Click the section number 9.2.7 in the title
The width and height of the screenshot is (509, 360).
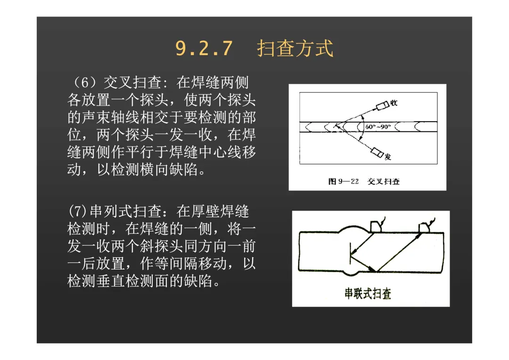coord(204,49)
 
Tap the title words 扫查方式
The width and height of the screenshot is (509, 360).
coord(295,49)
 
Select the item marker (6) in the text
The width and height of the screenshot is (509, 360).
coord(85,82)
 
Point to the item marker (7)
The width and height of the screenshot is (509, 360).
coord(78,211)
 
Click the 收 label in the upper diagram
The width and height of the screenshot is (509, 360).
coord(394,103)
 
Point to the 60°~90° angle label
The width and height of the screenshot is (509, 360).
coord(378,127)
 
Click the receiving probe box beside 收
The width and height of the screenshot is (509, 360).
coord(382,106)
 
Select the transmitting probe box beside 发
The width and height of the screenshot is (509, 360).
coord(377,152)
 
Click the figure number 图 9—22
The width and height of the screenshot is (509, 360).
coord(343,181)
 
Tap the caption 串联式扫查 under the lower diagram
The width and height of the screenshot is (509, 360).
coord(368,294)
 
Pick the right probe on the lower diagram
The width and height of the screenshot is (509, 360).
coord(425,228)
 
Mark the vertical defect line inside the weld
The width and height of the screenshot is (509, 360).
coord(350,253)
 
